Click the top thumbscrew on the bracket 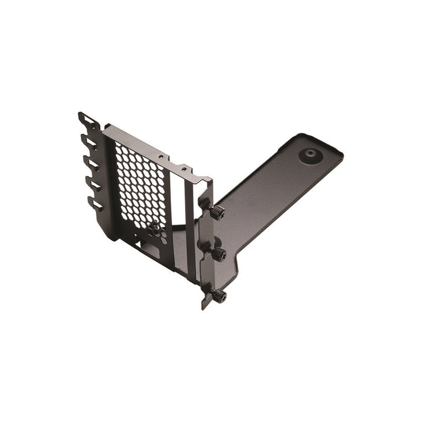[217, 212]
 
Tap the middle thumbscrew [218, 254]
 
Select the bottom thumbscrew [218, 295]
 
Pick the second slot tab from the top [89, 142]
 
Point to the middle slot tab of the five [92, 163]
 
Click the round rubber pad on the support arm [310, 156]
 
